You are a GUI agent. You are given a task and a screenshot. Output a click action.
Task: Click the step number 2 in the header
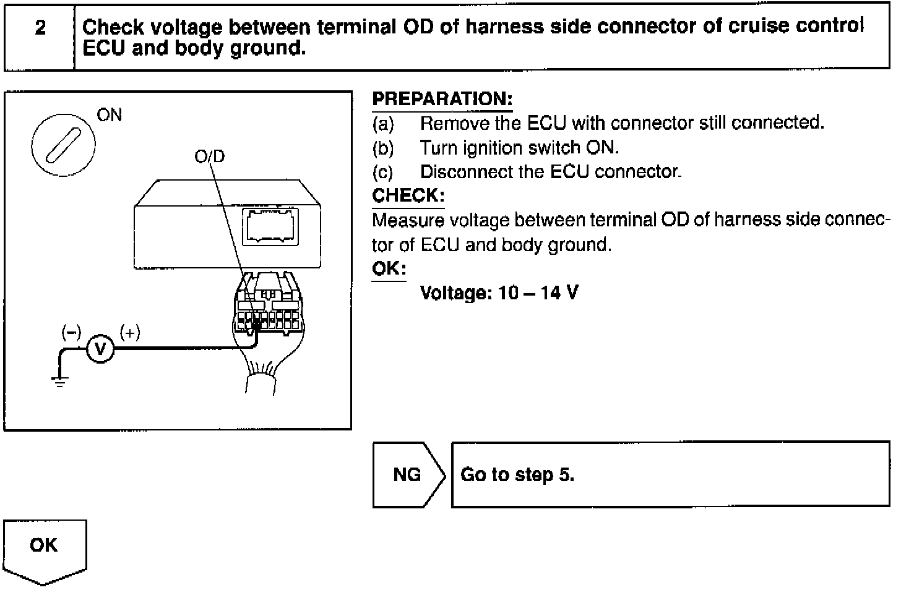40,28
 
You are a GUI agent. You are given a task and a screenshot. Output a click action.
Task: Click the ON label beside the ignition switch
110,115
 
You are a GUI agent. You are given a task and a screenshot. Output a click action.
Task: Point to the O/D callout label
210,156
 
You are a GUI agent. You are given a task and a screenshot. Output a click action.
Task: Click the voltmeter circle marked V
100,349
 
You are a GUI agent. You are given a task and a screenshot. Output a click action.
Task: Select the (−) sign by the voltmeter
71,333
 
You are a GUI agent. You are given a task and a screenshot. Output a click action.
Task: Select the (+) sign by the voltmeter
130,333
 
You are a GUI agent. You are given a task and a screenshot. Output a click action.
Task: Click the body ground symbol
59,382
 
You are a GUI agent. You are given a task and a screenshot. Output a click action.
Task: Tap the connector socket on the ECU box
271,227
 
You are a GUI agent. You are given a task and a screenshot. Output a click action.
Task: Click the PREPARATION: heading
442,99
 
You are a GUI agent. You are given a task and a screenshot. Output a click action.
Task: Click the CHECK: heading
408,195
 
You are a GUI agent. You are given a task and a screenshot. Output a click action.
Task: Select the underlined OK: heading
389,268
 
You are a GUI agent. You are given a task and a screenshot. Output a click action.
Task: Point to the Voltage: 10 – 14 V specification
499,293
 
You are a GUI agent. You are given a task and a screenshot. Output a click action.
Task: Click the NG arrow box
407,474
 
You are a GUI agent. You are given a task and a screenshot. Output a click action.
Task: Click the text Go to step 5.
517,474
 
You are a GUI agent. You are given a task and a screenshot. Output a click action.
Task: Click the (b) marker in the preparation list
383,148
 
